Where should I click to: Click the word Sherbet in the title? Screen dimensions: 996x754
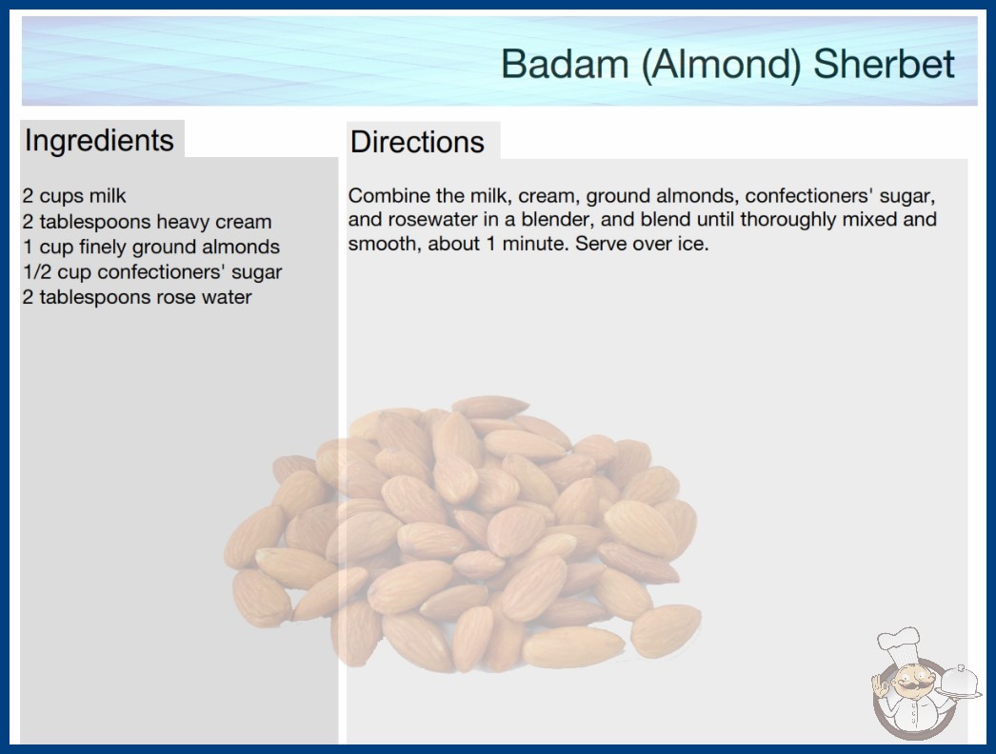point(884,64)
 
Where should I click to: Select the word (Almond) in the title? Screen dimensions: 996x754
point(721,65)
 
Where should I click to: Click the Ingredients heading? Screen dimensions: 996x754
point(99,141)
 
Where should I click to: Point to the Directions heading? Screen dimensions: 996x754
point(417,142)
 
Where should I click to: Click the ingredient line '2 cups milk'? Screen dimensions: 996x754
point(74,196)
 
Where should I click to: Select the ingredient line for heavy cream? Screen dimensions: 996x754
point(148,222)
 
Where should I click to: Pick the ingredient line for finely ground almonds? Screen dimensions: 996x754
point(151,247)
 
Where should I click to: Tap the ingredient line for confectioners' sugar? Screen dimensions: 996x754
point(152,272)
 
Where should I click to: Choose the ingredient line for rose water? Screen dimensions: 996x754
point(137,297)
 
